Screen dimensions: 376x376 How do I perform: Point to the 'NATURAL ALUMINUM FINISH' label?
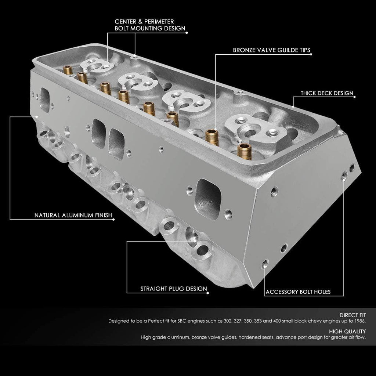tap(72, 215)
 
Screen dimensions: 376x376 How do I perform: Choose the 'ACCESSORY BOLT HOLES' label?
tap(298, 292)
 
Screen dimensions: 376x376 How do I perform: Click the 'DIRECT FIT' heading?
tap(352, 315)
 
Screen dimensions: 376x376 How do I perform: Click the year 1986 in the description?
tap(359, 321)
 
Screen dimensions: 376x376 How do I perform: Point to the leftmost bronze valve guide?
tap(68, 70)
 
